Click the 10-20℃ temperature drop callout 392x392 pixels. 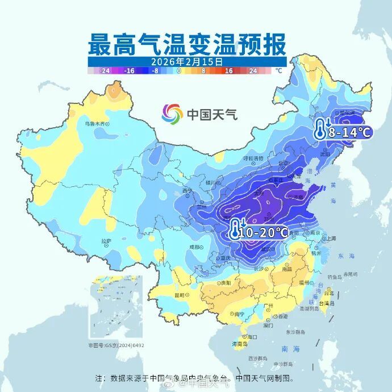pyautogui.click(x=259, y=232)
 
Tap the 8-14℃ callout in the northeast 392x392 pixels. pyautogui.click(x=343, y=132)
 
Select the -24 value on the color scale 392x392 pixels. pyautogui.click(x=104, y=71)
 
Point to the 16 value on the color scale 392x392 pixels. pyautogui.click(x=229, y=71)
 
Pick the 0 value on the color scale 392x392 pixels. pyautogui.click(x=179, y=71)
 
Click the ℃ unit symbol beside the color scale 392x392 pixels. pyautogui.click(x=278, y=71)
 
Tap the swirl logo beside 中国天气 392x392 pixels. pyautogui.click(x=172, y=114)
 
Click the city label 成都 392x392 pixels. pyautogui.click(x=194, y=247)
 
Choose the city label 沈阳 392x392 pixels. pyautogui.click(x=324, y=154)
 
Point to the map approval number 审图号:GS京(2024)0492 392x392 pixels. pyautogui.click(x=116, y=345)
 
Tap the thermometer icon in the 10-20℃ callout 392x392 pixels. pyautogui.click(x=236, y=230)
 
